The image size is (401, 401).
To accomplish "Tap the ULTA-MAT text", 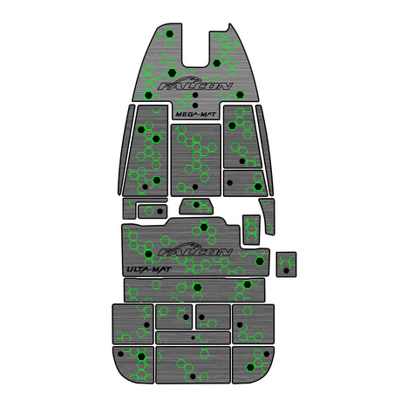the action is tap(148, 269).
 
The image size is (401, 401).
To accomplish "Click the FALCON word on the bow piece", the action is tap(195, 86).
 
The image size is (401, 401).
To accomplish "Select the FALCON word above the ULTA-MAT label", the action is tap(195, 252).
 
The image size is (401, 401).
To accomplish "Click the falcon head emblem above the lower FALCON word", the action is tap(189, 246).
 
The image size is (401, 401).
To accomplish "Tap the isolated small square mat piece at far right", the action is tap(286, 264).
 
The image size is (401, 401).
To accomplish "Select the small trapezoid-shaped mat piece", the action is tap(196, 206).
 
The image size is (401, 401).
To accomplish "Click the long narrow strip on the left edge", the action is tap(126, 150).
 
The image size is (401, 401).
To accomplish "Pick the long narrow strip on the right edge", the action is tap(265, 151).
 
